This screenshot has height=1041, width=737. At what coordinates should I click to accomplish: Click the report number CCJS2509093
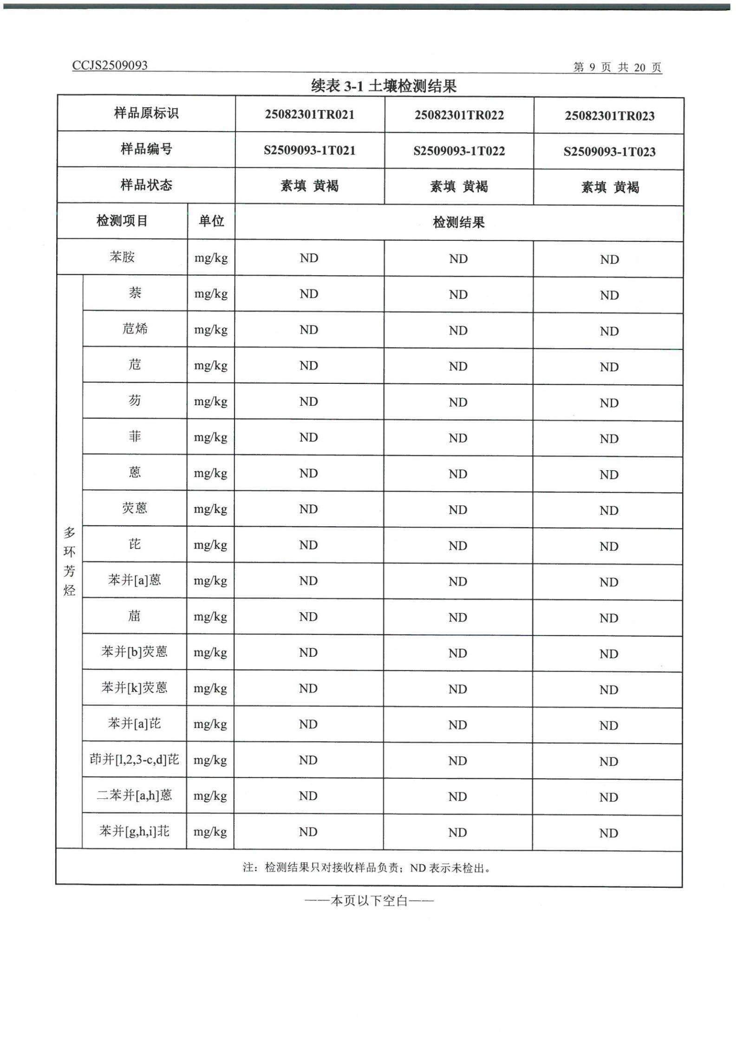pos(110,65)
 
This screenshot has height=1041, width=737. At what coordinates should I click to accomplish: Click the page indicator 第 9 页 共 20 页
pos(617,67)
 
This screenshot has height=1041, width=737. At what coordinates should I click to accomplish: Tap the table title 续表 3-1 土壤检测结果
pos(384,86)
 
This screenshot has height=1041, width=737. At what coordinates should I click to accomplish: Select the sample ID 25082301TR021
pos(309,115)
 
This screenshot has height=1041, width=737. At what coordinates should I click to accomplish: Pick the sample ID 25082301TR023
pos(609,116)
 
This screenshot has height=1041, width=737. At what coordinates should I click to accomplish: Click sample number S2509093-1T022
pos(459,151)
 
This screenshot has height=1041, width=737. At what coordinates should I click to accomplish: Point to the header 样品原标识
pos(146,113)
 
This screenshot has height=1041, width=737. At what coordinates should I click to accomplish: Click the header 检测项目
pos(122,221)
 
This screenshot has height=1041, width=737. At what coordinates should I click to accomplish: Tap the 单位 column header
pos(211,221)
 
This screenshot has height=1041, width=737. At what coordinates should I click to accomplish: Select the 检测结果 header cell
pos(459,222)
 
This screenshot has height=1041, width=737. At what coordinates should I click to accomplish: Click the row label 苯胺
pos(122,257)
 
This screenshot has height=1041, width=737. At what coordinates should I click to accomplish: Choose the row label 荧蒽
pos(135,508)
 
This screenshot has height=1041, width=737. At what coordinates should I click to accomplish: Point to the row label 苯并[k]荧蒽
pos(135,687)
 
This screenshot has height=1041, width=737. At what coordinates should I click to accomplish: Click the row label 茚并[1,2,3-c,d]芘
pos(134,759)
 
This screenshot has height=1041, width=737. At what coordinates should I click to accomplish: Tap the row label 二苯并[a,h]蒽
pos(135,795)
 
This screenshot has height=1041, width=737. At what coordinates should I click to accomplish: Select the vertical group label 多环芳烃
pos(69,561)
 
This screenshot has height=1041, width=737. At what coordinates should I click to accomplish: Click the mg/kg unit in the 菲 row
pos(210,437)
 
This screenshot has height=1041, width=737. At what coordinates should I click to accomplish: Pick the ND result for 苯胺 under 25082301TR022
pos(458,259)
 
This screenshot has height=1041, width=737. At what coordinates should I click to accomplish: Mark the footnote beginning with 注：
pos(367,867)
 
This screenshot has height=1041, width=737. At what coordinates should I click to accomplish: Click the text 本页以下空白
pos(369,901)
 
